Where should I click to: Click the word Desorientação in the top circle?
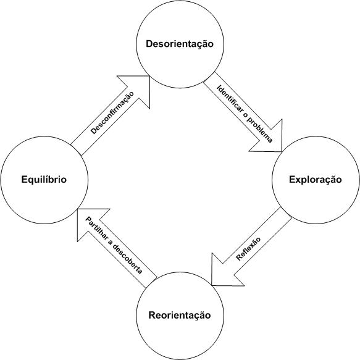180,44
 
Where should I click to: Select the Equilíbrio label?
44,179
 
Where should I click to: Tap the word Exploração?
315,180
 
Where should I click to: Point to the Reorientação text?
180,315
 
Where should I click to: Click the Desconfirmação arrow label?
112,113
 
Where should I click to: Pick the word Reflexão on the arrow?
248,249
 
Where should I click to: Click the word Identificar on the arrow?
230,99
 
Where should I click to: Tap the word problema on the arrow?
261,131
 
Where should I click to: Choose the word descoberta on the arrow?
128,260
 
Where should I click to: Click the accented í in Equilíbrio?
51,179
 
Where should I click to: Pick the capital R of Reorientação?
153,315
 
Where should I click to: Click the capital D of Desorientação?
149,44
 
